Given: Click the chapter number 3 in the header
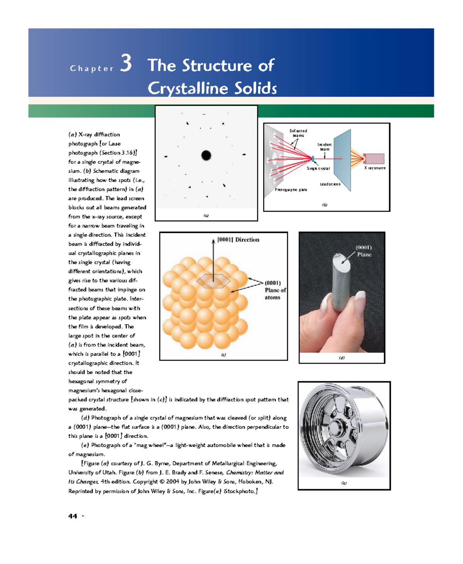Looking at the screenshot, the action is point(126,63).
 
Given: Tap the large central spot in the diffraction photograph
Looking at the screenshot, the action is point(206,155).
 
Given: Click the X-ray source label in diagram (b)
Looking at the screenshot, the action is point(375,168).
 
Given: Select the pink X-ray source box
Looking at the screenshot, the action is point(374,158).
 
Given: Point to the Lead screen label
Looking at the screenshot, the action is point(330,184).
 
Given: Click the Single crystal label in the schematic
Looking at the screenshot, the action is point(318,168).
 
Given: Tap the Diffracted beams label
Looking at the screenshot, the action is point(298,133).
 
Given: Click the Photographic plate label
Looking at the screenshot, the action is point(291,190).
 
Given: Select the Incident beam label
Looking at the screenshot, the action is point(324,147).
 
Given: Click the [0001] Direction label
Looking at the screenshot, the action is point(238,240).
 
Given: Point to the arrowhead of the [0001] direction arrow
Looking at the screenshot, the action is point(213,241).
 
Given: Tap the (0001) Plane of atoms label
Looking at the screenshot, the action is point(275,290).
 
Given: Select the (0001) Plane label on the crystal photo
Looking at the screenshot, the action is point(363,251).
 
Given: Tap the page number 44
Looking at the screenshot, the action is point(73,516).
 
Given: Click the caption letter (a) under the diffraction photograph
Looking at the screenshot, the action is point(206,216).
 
